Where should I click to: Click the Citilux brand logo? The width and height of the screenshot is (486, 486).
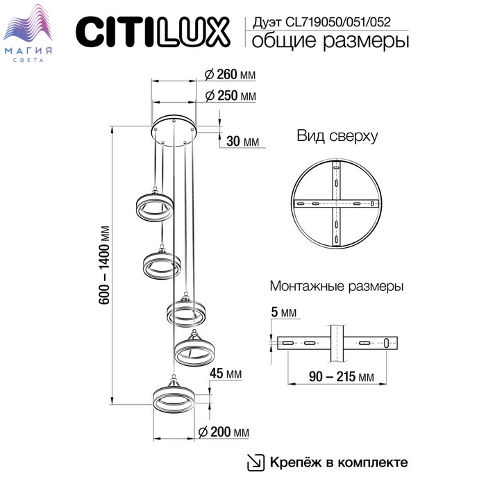[153, 32]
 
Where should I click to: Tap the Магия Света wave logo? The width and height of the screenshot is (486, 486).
[28, 33]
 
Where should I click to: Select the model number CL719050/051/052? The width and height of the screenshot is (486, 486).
[338, 22]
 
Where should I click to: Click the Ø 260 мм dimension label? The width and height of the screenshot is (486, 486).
[231, 75]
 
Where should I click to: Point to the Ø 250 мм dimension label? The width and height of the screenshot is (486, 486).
[231, 96]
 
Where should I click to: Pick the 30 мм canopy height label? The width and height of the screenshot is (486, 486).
[243, 142]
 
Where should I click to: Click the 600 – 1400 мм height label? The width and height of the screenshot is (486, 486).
[104, 265]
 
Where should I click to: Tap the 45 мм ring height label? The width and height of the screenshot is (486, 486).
[226, 374]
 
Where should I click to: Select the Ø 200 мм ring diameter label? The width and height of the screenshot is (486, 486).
[224, 432]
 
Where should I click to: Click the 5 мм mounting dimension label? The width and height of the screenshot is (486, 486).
[283, 312]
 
